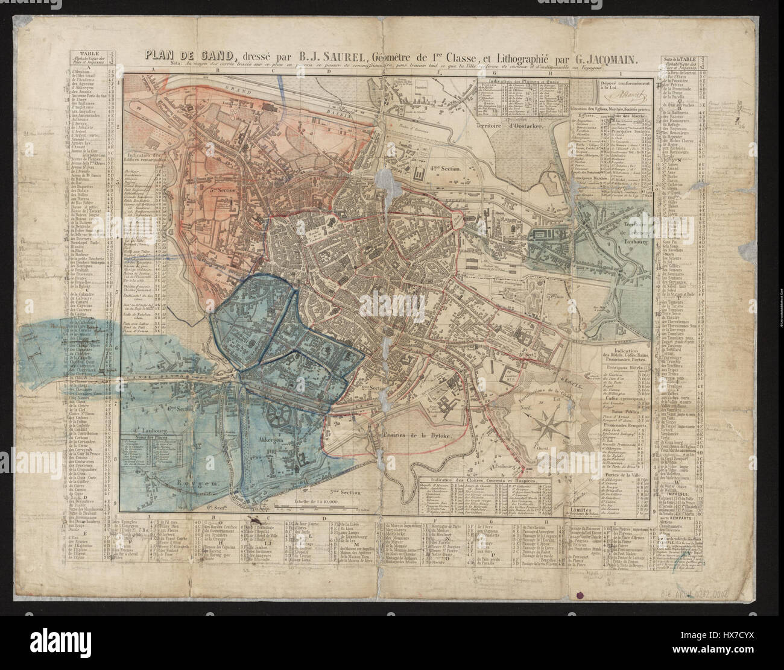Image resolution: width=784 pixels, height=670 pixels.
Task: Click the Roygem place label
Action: point(203,483)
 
